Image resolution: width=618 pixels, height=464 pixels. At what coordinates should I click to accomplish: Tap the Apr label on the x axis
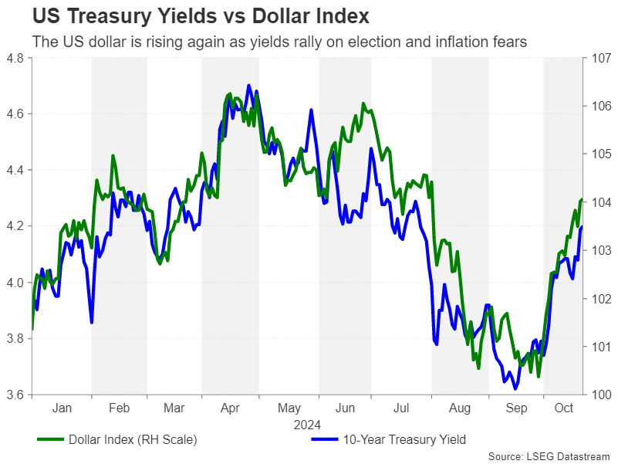(x=231, y=408)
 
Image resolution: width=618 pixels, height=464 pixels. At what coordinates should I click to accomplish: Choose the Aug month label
(x=460, y=408)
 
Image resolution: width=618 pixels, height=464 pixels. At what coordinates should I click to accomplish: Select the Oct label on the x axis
(x=563, y=408)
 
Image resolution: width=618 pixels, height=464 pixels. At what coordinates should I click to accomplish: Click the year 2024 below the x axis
(x=306, y=424)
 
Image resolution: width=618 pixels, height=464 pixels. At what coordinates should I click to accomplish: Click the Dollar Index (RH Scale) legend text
(x=133, y=440)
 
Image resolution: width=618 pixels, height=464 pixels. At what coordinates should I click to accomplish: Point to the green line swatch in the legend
(x=49, y=440)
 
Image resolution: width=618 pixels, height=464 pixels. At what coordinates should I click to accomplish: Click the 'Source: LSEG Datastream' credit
(x=549, y=456)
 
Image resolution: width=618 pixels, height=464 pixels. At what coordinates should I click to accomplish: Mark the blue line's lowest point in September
(x=515, y=389)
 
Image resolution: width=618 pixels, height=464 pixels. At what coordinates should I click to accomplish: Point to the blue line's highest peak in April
(x=248, y=86)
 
